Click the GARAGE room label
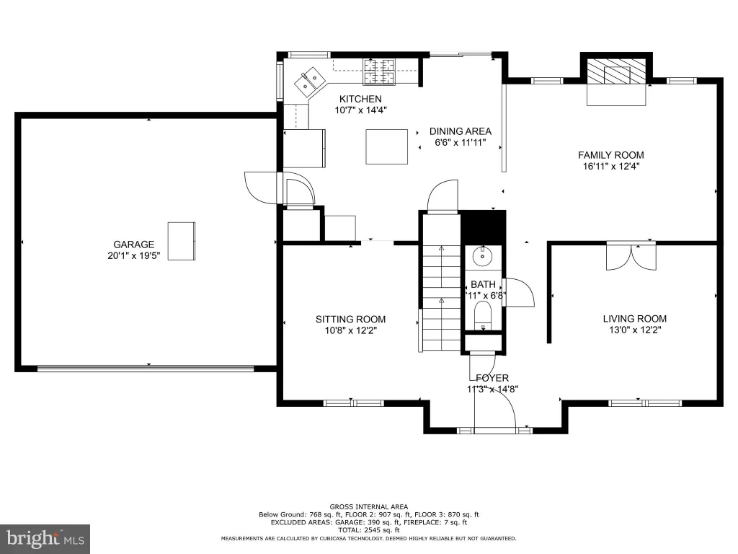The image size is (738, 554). [x=133, y=245]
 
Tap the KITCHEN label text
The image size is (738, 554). [x=360, y=99]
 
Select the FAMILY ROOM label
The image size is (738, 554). [x=611, y=155]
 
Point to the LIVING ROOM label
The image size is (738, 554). [x=634, y=319]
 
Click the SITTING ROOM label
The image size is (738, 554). [x=351, y=320]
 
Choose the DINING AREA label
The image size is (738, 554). [x=461, y=131]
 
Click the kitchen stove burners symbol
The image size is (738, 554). [x=378, y=71]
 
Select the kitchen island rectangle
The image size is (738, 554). [x=387, y=146]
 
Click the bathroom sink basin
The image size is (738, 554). [x=481, y=256]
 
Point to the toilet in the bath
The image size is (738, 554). [x=482, y=315]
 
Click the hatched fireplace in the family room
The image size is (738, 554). [x=616, y=71]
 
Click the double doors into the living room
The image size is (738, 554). [x=631, y=256]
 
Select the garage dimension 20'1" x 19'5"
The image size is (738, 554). [x=133, y=256]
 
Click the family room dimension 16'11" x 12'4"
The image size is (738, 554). [x=611, y=167]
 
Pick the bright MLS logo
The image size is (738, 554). [x=45, y=538]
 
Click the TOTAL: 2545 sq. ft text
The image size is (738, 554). [x=368, y=530]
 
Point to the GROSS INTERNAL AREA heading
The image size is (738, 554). [x=368, y=507]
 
